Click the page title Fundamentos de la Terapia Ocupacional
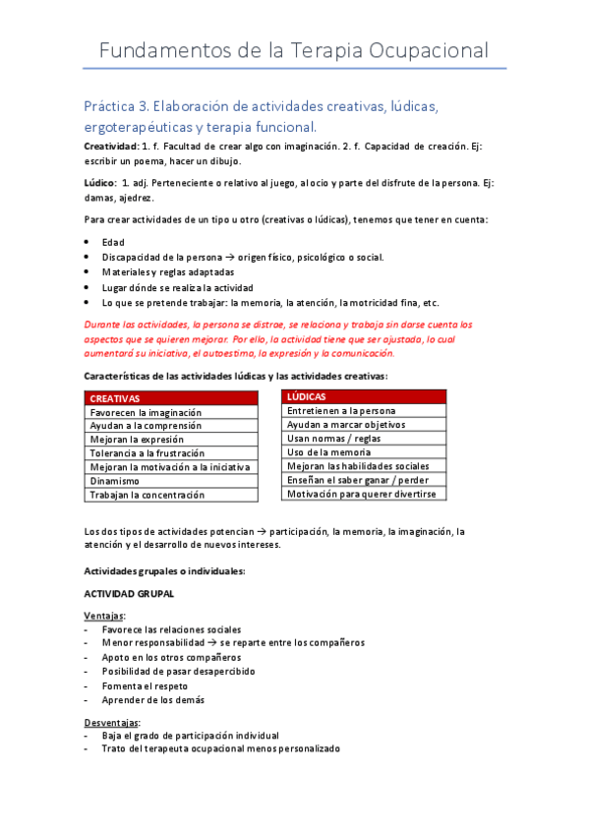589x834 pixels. (x=294, y=50)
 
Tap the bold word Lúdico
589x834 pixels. (x=100, y=183)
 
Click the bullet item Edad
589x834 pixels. (x=113, y=242)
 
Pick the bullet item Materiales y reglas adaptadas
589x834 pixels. (x=168, y=271)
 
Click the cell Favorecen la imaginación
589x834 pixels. (x=146, y=412)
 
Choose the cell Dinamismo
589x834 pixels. (x=115, y=481)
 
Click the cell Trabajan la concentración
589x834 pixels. (x=147, y=495)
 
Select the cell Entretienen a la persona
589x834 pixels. (x=341, y=410)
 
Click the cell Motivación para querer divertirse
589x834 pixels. (x=361, y=494)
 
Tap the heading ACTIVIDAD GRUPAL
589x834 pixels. (x=128, y=595)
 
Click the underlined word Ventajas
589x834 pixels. (x=104, y=616)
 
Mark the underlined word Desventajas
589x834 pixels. (x=112, y=722)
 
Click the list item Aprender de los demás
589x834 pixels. (x=153, y=699)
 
